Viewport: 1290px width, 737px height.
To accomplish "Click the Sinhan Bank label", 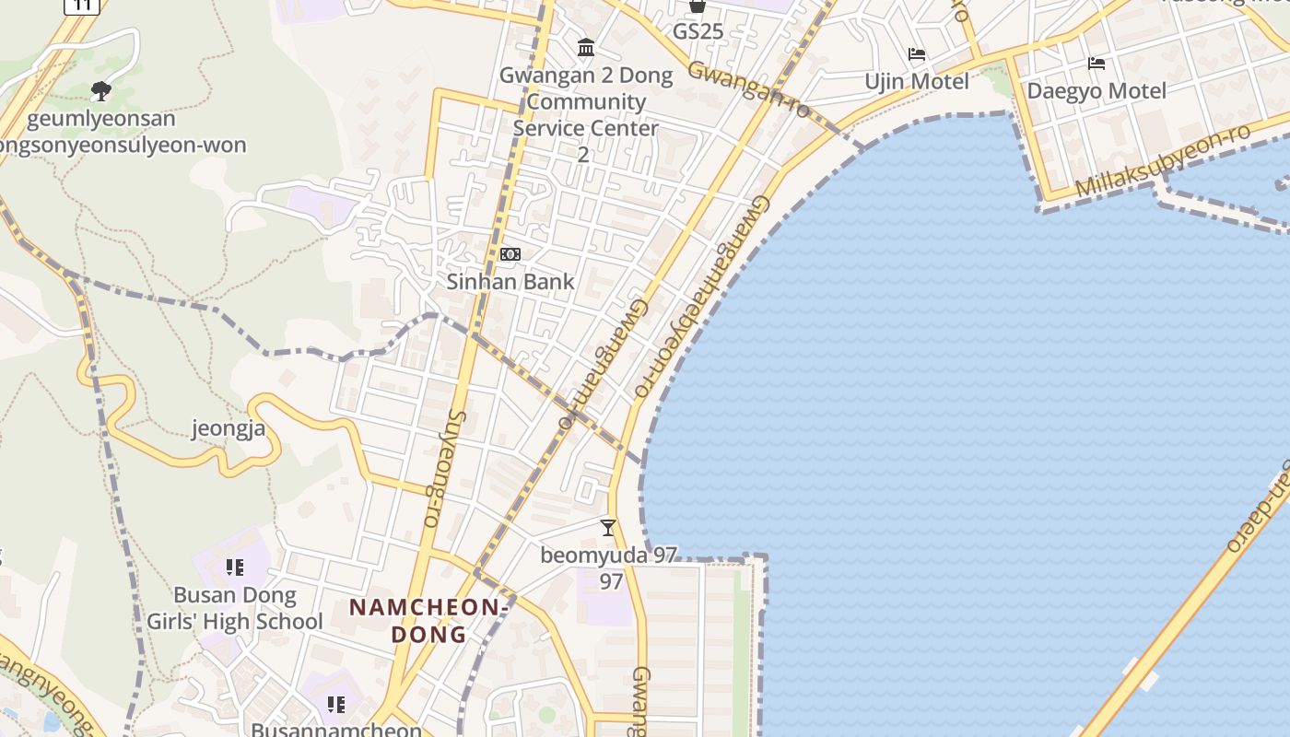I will tap(510, 282).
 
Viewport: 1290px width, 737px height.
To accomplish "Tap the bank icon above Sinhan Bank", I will tap(510, 254).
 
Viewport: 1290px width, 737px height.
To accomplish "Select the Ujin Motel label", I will tap(916, 82).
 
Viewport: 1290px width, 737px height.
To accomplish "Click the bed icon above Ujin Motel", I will tap(916, 54).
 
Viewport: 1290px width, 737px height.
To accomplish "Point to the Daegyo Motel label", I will tap(1096, 91).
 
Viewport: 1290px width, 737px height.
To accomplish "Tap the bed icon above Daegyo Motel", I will tap(1096, 64).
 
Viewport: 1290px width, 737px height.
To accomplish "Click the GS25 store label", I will tap(698, 32).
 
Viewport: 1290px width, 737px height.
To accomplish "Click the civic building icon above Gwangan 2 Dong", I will tap(585, 47).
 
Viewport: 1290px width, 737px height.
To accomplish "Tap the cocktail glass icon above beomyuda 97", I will tap(607, 528).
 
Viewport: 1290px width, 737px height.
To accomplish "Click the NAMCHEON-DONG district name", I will tap(428, 621).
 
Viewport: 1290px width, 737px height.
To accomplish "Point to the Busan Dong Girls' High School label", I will tap(235, 608).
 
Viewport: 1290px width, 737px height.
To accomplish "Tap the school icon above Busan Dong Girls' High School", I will tap(235, 567).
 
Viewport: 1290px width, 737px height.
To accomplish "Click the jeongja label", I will tap(229, 428).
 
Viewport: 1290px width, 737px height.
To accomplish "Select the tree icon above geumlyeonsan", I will tap(101, 90).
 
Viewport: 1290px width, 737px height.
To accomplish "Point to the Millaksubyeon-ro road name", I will tap(1163, 159).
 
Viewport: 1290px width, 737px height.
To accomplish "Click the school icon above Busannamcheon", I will tap(336, 705).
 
